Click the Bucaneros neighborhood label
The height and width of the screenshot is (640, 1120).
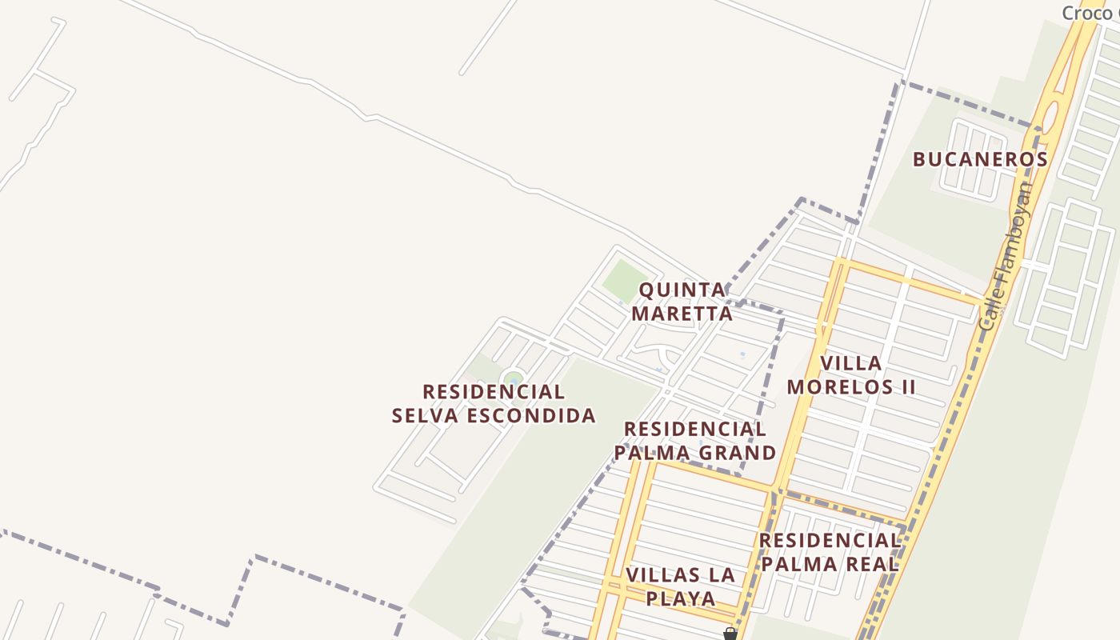click(x=980, y=159)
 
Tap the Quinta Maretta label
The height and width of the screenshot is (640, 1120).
click(x=682, y=301)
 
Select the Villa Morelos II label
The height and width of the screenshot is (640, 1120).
click(x=851, y=375)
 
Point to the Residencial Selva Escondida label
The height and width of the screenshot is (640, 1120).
click(x=494, y=403)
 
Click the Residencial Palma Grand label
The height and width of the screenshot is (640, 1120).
click(x=694, y=441)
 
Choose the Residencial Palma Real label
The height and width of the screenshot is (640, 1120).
click(x=830, y=552)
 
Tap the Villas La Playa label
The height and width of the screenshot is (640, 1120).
click(x=680, y=586)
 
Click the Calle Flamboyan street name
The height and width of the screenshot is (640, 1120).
click(x=1006, y=256)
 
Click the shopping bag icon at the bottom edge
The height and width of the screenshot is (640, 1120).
click(x=730, y=634)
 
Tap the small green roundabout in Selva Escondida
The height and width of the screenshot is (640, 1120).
click(x=513, y=378)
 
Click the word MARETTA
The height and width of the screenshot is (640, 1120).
click(x=682, y=313)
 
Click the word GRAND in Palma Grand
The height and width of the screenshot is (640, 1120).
click(x=736, y=453)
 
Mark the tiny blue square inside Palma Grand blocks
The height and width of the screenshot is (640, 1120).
click(x=743, y=354)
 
